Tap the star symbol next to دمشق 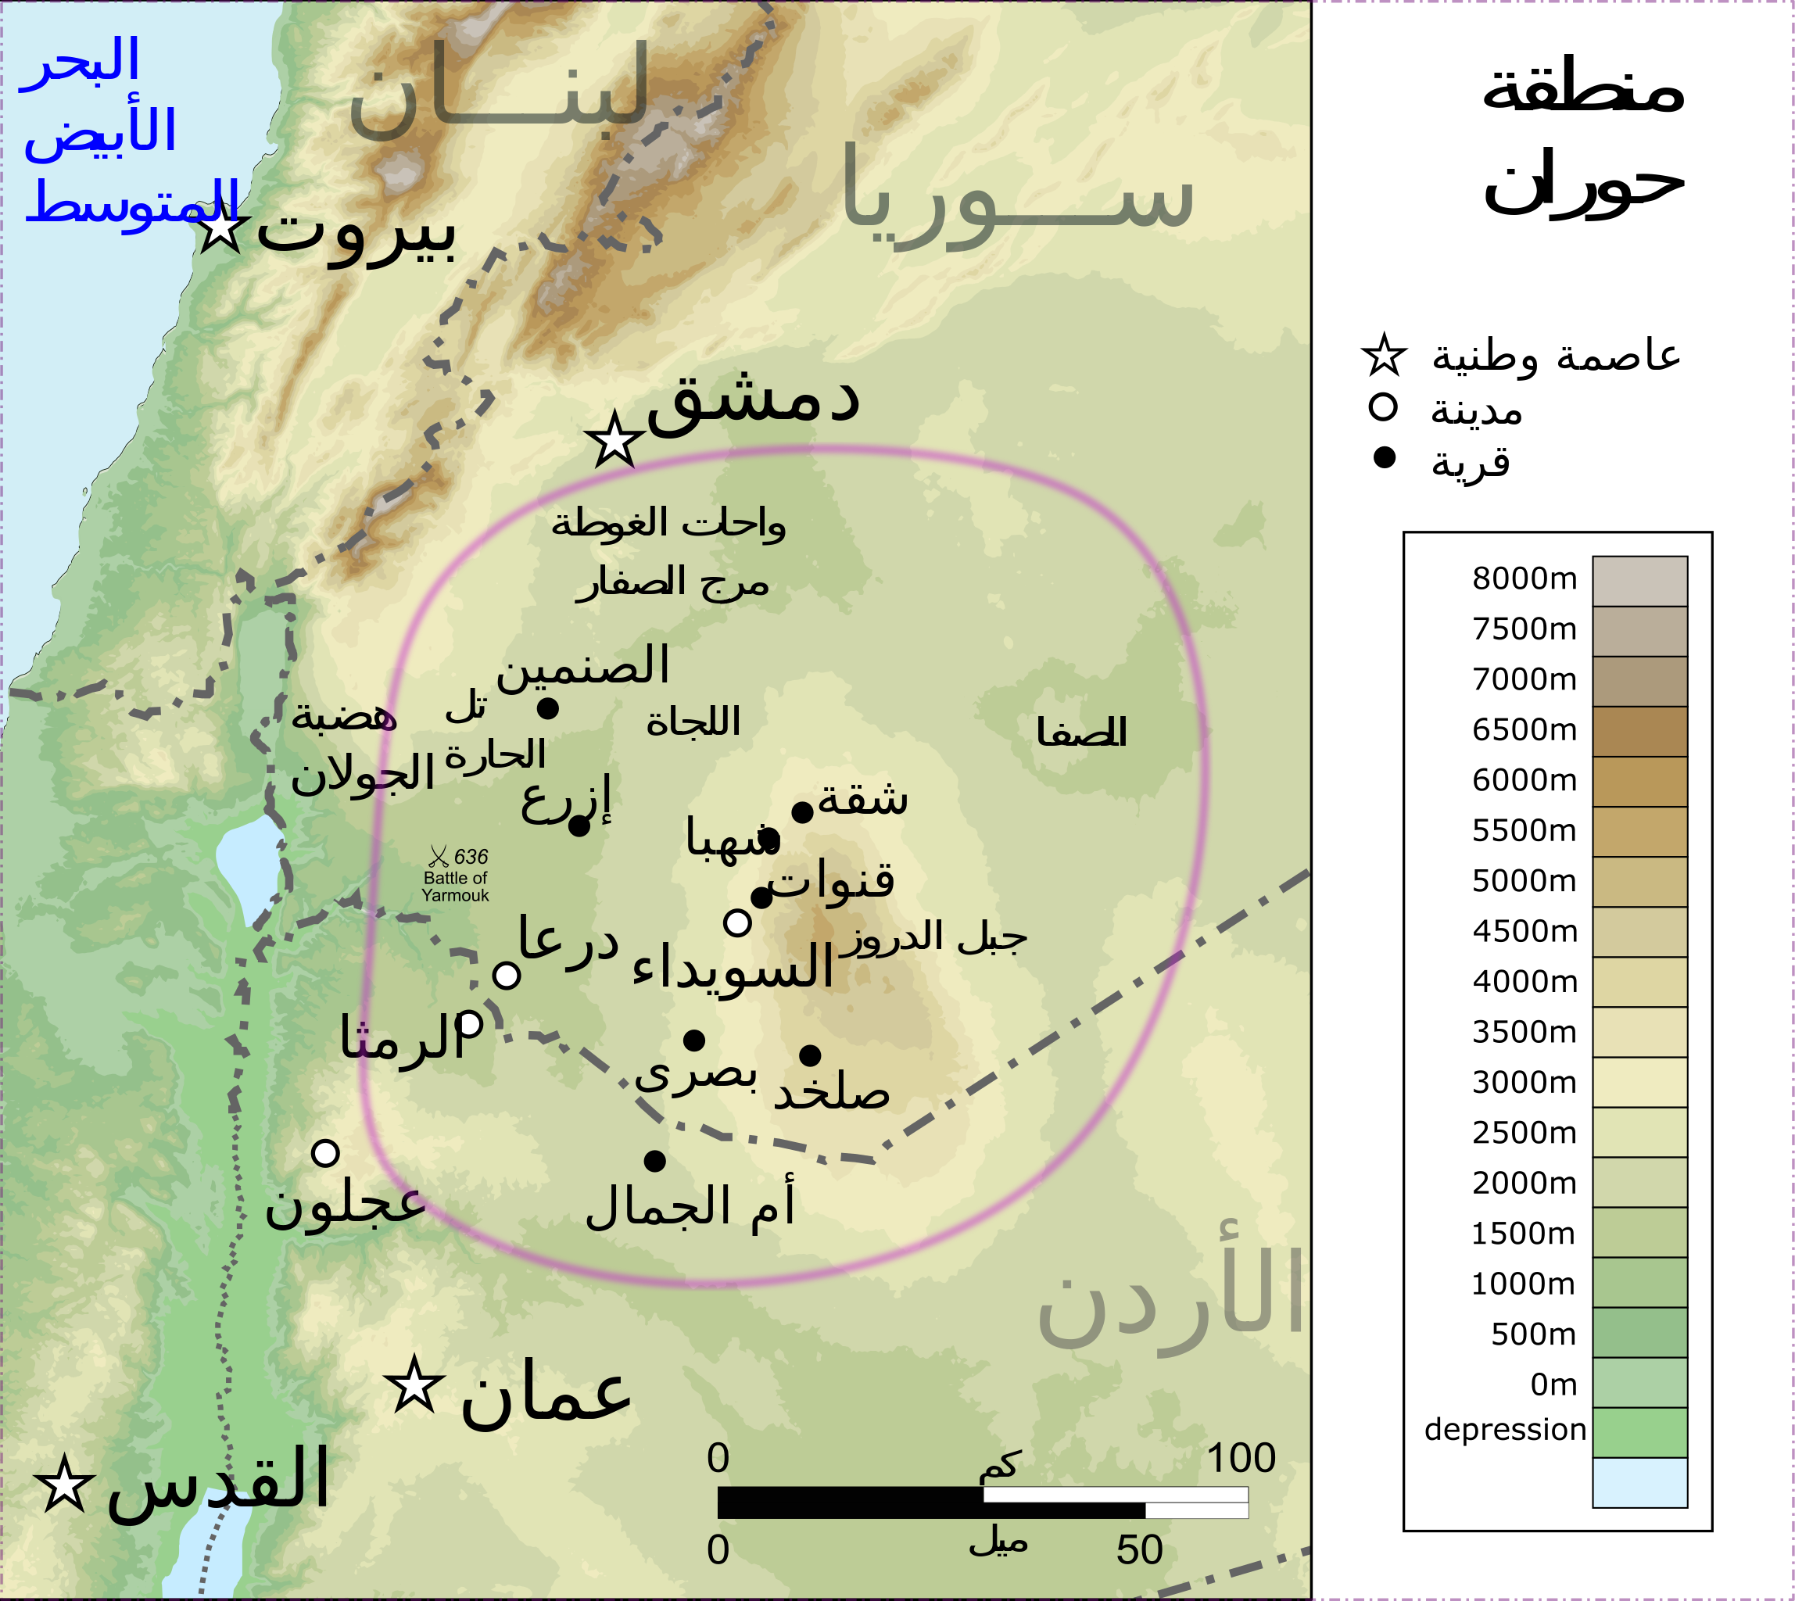click(613, 440)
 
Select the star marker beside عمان click(414, 1384)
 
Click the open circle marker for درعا click(506, 975)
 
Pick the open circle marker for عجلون click(325, 1152)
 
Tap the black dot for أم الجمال click(654, 1161)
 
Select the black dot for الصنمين click(547, 708)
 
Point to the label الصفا click(1081, 732)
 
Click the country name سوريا click(1016, 198)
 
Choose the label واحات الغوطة click(668, 525)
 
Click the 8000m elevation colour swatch click(1639, 581)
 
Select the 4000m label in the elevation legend click(1524, 982)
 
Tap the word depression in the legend click(1505, 1430)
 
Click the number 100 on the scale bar click(1241, 1459)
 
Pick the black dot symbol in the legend click(1384, 457)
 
